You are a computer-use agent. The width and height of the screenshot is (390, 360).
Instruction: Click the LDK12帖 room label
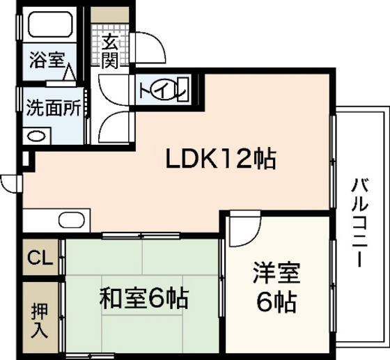click(221, 159)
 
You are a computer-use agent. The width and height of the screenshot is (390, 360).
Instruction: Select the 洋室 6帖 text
click(276, 288)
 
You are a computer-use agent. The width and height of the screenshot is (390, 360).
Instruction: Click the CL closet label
click(40, 259)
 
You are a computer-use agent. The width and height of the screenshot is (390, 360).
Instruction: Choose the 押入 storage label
click(40, 319)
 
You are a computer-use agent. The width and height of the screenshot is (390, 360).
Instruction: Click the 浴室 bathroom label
click(46, 60)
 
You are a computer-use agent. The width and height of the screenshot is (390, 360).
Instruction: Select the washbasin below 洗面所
click(36, 136)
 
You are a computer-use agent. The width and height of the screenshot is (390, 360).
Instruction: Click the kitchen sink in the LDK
click(70, 220)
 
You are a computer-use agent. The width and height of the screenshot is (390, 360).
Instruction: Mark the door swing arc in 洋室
click(244, 230)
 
